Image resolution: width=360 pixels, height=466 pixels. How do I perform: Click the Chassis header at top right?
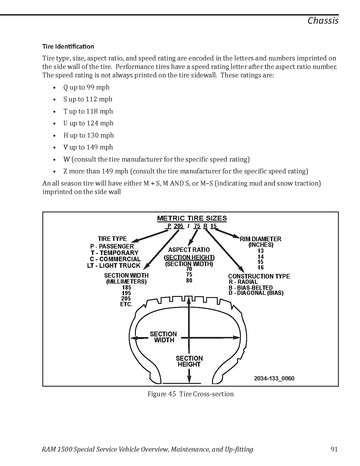coord(323,21)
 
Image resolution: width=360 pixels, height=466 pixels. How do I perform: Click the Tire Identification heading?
coord(68,46)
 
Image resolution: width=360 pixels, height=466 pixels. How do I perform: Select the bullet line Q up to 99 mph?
coord(86,87)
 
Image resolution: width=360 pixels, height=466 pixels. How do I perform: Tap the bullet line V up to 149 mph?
coord(88,147)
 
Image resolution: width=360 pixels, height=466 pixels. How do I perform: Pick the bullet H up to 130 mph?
coord(89,135)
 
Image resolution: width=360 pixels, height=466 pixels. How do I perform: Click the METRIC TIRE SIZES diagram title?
coord(192,219)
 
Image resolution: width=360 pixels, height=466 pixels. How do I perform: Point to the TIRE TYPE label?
coord(112,239)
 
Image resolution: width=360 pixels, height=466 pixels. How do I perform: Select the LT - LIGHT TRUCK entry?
coord(114,266)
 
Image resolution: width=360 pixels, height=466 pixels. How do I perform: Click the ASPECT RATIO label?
coord(189,250)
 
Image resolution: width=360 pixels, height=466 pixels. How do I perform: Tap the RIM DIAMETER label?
coord(261,239)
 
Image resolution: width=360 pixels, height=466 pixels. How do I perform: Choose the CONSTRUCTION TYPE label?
coord(259,276)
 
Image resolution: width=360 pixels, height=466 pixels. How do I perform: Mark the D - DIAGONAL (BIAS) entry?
coord(256,293)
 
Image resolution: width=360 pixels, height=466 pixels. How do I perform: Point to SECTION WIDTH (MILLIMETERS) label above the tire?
coord(126,279)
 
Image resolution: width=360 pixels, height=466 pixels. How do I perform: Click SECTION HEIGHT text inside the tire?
coord(189,361)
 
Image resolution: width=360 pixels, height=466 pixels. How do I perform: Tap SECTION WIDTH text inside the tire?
coord(163,337)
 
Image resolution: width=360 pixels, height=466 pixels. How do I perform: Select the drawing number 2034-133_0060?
coord(274,378)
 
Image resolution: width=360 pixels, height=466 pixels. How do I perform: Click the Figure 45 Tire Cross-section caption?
coord(191,394)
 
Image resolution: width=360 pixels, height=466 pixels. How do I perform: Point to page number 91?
coord(334,449)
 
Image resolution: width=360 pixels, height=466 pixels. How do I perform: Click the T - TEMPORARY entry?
coord(114,253)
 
